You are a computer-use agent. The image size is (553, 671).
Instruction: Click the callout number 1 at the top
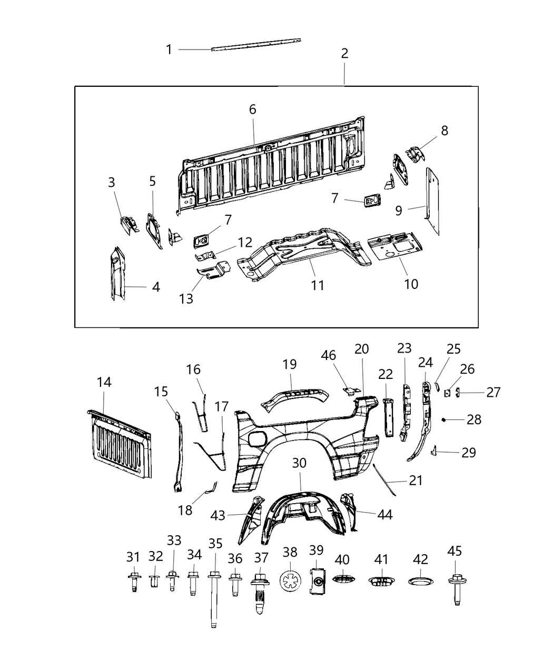(169, 49)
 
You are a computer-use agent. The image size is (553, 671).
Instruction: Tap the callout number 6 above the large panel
(253, 109)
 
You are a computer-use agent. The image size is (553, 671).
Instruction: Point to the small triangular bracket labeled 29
(434, 450)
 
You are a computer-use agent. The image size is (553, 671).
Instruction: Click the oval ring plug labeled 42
(420, 580)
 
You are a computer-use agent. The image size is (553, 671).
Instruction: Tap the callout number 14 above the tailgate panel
(104, 383)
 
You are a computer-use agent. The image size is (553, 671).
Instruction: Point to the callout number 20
(362, 349)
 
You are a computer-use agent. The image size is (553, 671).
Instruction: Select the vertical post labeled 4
(116, 274)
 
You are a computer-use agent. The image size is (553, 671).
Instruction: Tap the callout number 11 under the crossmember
(317, 285)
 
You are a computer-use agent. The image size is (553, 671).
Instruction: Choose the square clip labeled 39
(317, 581)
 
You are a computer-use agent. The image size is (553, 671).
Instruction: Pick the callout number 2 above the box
(344, 53)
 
